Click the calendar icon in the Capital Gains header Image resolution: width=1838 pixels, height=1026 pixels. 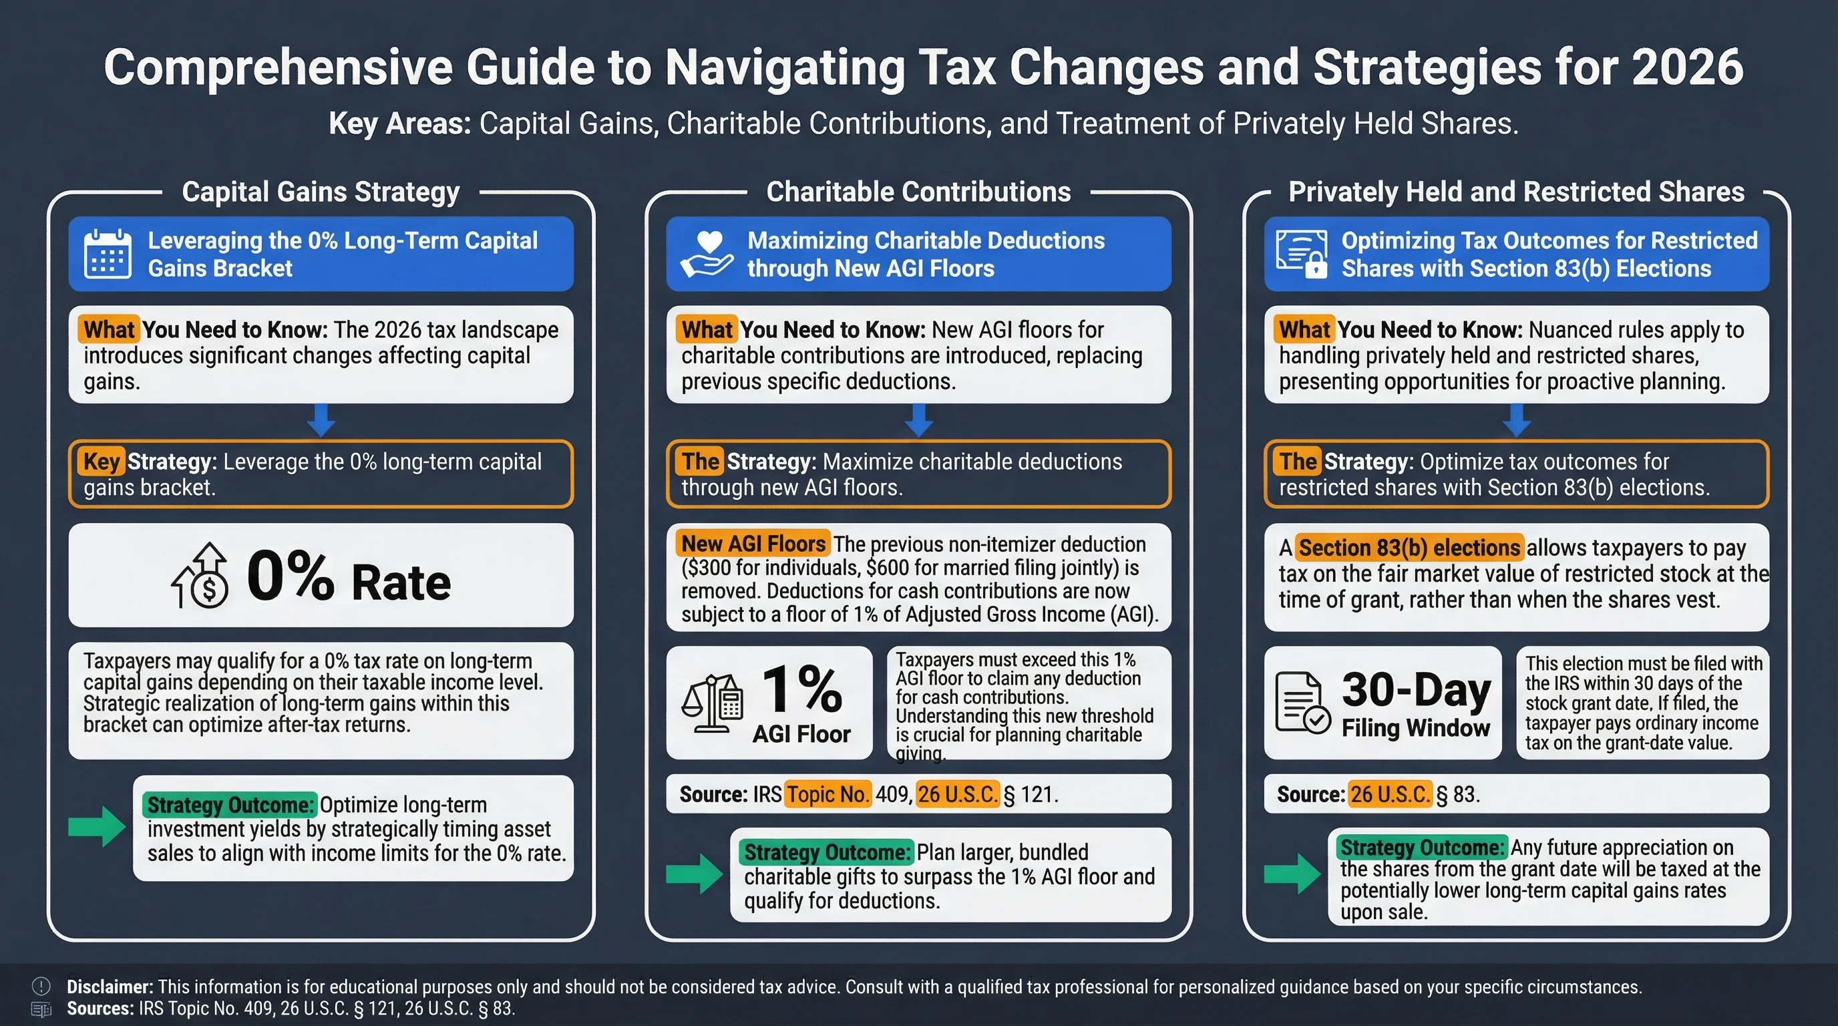pos(107,253)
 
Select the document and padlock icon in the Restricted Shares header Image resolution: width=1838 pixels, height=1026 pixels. pos(1302,254)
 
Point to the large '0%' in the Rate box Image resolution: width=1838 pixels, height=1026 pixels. pos(291,576)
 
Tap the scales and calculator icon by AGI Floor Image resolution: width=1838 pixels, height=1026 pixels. pos(712,703)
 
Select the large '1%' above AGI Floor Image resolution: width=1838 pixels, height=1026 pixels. pos(802,689)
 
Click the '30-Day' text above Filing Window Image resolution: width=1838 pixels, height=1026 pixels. pos(1416,691)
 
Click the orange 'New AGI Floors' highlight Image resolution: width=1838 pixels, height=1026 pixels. pos(753,544)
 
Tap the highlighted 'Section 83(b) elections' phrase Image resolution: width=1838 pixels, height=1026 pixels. pos(1409,548)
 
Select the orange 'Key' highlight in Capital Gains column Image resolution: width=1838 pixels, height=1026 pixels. pos(102,462)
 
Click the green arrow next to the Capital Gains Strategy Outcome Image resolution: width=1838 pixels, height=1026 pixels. pos(97,827)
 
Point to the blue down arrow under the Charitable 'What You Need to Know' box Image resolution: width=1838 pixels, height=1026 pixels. pos(919,420)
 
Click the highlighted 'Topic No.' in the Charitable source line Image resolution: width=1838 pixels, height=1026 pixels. pos(828,794)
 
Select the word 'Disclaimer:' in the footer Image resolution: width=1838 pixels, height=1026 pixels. pos(110,987)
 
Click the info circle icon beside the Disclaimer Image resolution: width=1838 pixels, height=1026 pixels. pos(41,986)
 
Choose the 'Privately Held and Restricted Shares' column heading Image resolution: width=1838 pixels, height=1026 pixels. pos(1515,192)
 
